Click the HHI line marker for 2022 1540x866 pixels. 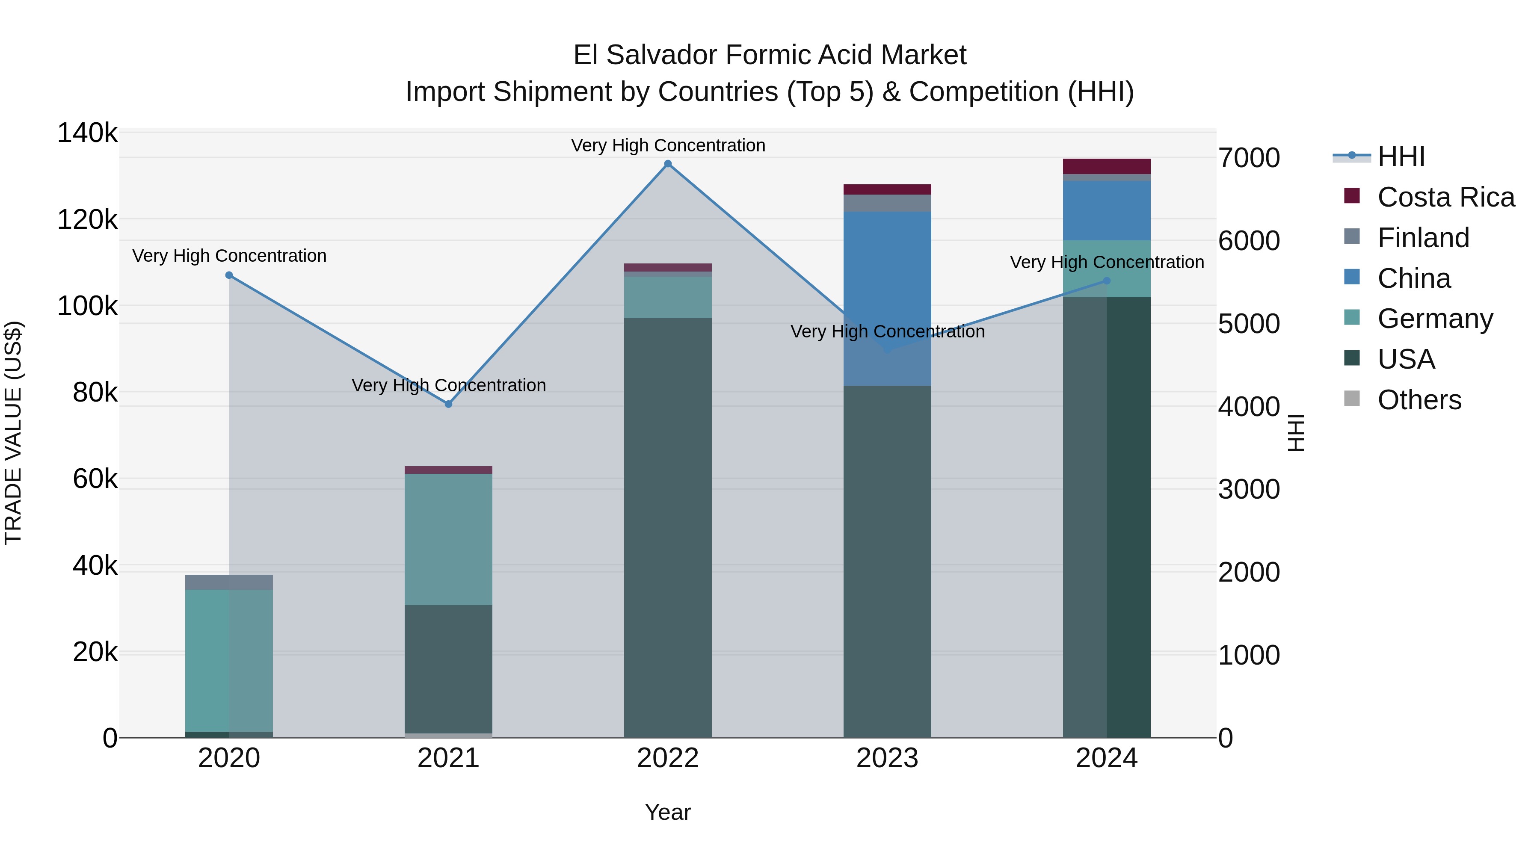click(x=668, y=164)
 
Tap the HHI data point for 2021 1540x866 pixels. click(x=448, y=404)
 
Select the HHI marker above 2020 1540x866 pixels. click(x=229, y=275)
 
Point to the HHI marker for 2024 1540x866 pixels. click(x=1107, y=281)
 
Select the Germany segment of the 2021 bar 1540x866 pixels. click(x=448, y=539)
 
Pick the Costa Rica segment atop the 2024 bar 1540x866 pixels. click(x=1107, y=166)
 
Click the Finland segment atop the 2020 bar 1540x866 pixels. click(x=229, y=582)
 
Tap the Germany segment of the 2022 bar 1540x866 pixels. click(x=668, y=297)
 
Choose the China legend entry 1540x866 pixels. click(x=1414, y=278)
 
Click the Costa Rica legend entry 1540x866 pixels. click(x=1445, y=197)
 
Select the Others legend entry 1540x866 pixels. click(x=1419, y=400)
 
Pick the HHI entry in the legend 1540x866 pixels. click(x=1401, y=157)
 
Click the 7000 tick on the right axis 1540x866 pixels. click(x=1249, y=158)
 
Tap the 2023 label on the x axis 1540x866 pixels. click(x=887, y=758)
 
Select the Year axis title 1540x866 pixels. click(x=668, y=812)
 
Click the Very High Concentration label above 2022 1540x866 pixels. click(x=668, y=145)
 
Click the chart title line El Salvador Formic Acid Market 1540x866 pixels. click(x=770, y=55)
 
